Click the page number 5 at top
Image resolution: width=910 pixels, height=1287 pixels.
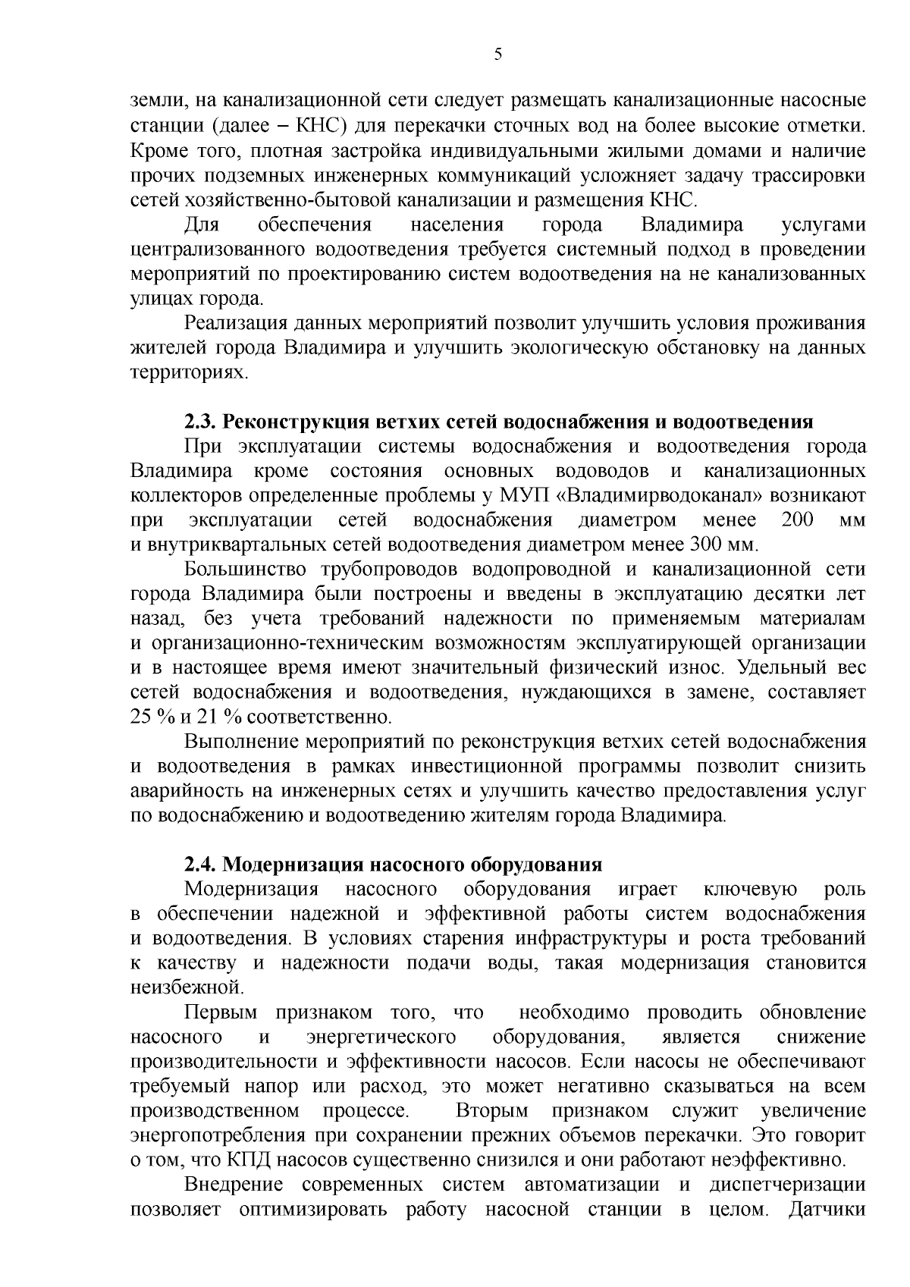[497, 54]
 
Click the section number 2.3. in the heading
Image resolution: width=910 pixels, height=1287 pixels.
[202, 422]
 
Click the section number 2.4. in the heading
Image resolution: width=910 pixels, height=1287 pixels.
[202, 865]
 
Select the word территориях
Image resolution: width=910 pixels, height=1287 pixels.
[189, 373]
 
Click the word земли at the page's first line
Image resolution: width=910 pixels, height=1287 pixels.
[158, 102]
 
